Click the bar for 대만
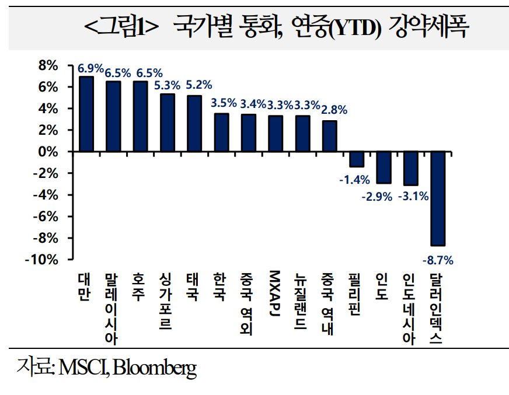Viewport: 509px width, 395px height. coord(86,114)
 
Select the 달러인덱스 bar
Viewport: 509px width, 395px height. coord(437,198)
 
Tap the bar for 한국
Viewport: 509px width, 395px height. coord(222,132)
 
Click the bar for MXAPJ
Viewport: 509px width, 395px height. coord(276,134)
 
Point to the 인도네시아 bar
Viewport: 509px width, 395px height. coord(410,169)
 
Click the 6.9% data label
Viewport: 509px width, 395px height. coord(90,69)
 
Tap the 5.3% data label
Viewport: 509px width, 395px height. coord(168,85)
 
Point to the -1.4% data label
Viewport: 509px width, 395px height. coord(353,180)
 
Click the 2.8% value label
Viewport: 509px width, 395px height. coord(334,109)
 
